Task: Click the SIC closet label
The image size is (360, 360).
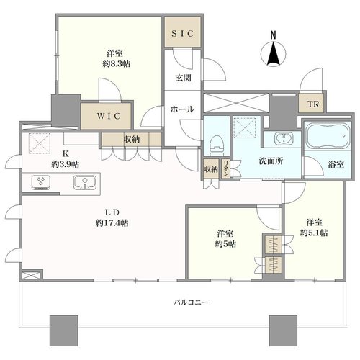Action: coord(183,33)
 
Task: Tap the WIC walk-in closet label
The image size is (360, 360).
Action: coord(109,116)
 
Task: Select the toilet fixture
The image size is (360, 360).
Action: coord(216,146)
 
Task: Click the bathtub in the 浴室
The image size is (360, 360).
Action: coord(327,135)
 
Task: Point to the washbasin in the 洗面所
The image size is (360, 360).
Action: coord(284,138)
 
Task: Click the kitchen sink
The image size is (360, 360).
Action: coord(85,182)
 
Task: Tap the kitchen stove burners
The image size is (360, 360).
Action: coord(41,182)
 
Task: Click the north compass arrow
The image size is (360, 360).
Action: coord(274,54)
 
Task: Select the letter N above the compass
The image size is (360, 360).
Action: coord(273,35)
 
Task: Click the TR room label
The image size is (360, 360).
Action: coord(313,104)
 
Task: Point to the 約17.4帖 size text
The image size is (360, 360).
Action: coord(112,223)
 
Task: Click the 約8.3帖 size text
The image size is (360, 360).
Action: coord(117,64)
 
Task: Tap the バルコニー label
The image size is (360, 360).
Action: coord(191,302)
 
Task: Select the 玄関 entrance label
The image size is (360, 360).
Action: coord(183,78)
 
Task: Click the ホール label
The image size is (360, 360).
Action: coord(182,109)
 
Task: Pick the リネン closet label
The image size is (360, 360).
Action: coord(225,168)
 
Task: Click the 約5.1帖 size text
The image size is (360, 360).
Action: coord(314,233)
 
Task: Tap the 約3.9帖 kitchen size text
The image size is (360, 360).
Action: coord(65,164)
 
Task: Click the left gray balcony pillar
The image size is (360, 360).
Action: coord(64,330)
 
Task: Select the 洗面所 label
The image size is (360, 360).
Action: coord(271,161)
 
